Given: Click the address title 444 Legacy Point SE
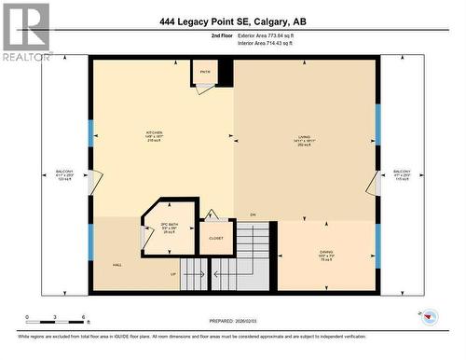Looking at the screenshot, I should point(232,23).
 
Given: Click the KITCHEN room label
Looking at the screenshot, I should point(155,132).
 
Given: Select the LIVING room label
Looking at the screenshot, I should point(304,137).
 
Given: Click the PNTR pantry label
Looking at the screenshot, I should point(205,71).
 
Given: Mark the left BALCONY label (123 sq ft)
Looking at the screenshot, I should point(65,173).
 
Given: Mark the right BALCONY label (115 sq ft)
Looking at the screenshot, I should point(401,173).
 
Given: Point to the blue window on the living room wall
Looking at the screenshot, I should point(377,124).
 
